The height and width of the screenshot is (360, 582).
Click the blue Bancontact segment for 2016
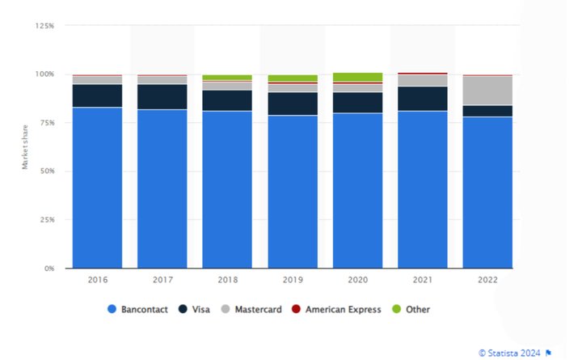point(97,187)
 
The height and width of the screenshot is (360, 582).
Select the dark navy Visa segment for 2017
point(162,96)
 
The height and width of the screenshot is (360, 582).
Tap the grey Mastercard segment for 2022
point(487,91)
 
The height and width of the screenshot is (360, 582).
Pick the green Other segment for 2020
point(357,77)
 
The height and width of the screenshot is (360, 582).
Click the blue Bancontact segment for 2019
point(292,192)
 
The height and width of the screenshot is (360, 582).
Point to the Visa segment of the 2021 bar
point(422,99)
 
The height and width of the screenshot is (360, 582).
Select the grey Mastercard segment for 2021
point(422,80)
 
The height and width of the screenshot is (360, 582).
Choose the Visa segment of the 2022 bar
point(487,111)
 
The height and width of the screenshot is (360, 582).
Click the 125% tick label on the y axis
point(44,26)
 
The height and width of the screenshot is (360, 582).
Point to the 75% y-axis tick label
point(46,123)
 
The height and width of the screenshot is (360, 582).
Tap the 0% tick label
point(48,268)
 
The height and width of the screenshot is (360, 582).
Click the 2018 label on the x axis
point(227,280)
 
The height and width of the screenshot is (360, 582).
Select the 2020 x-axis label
point(357,280)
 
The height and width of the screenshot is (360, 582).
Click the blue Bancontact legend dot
point(112,309)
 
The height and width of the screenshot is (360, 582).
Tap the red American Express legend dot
point(296,309)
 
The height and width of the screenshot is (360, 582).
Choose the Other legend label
point(419,309)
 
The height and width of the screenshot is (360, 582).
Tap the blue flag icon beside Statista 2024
point(550,352)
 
